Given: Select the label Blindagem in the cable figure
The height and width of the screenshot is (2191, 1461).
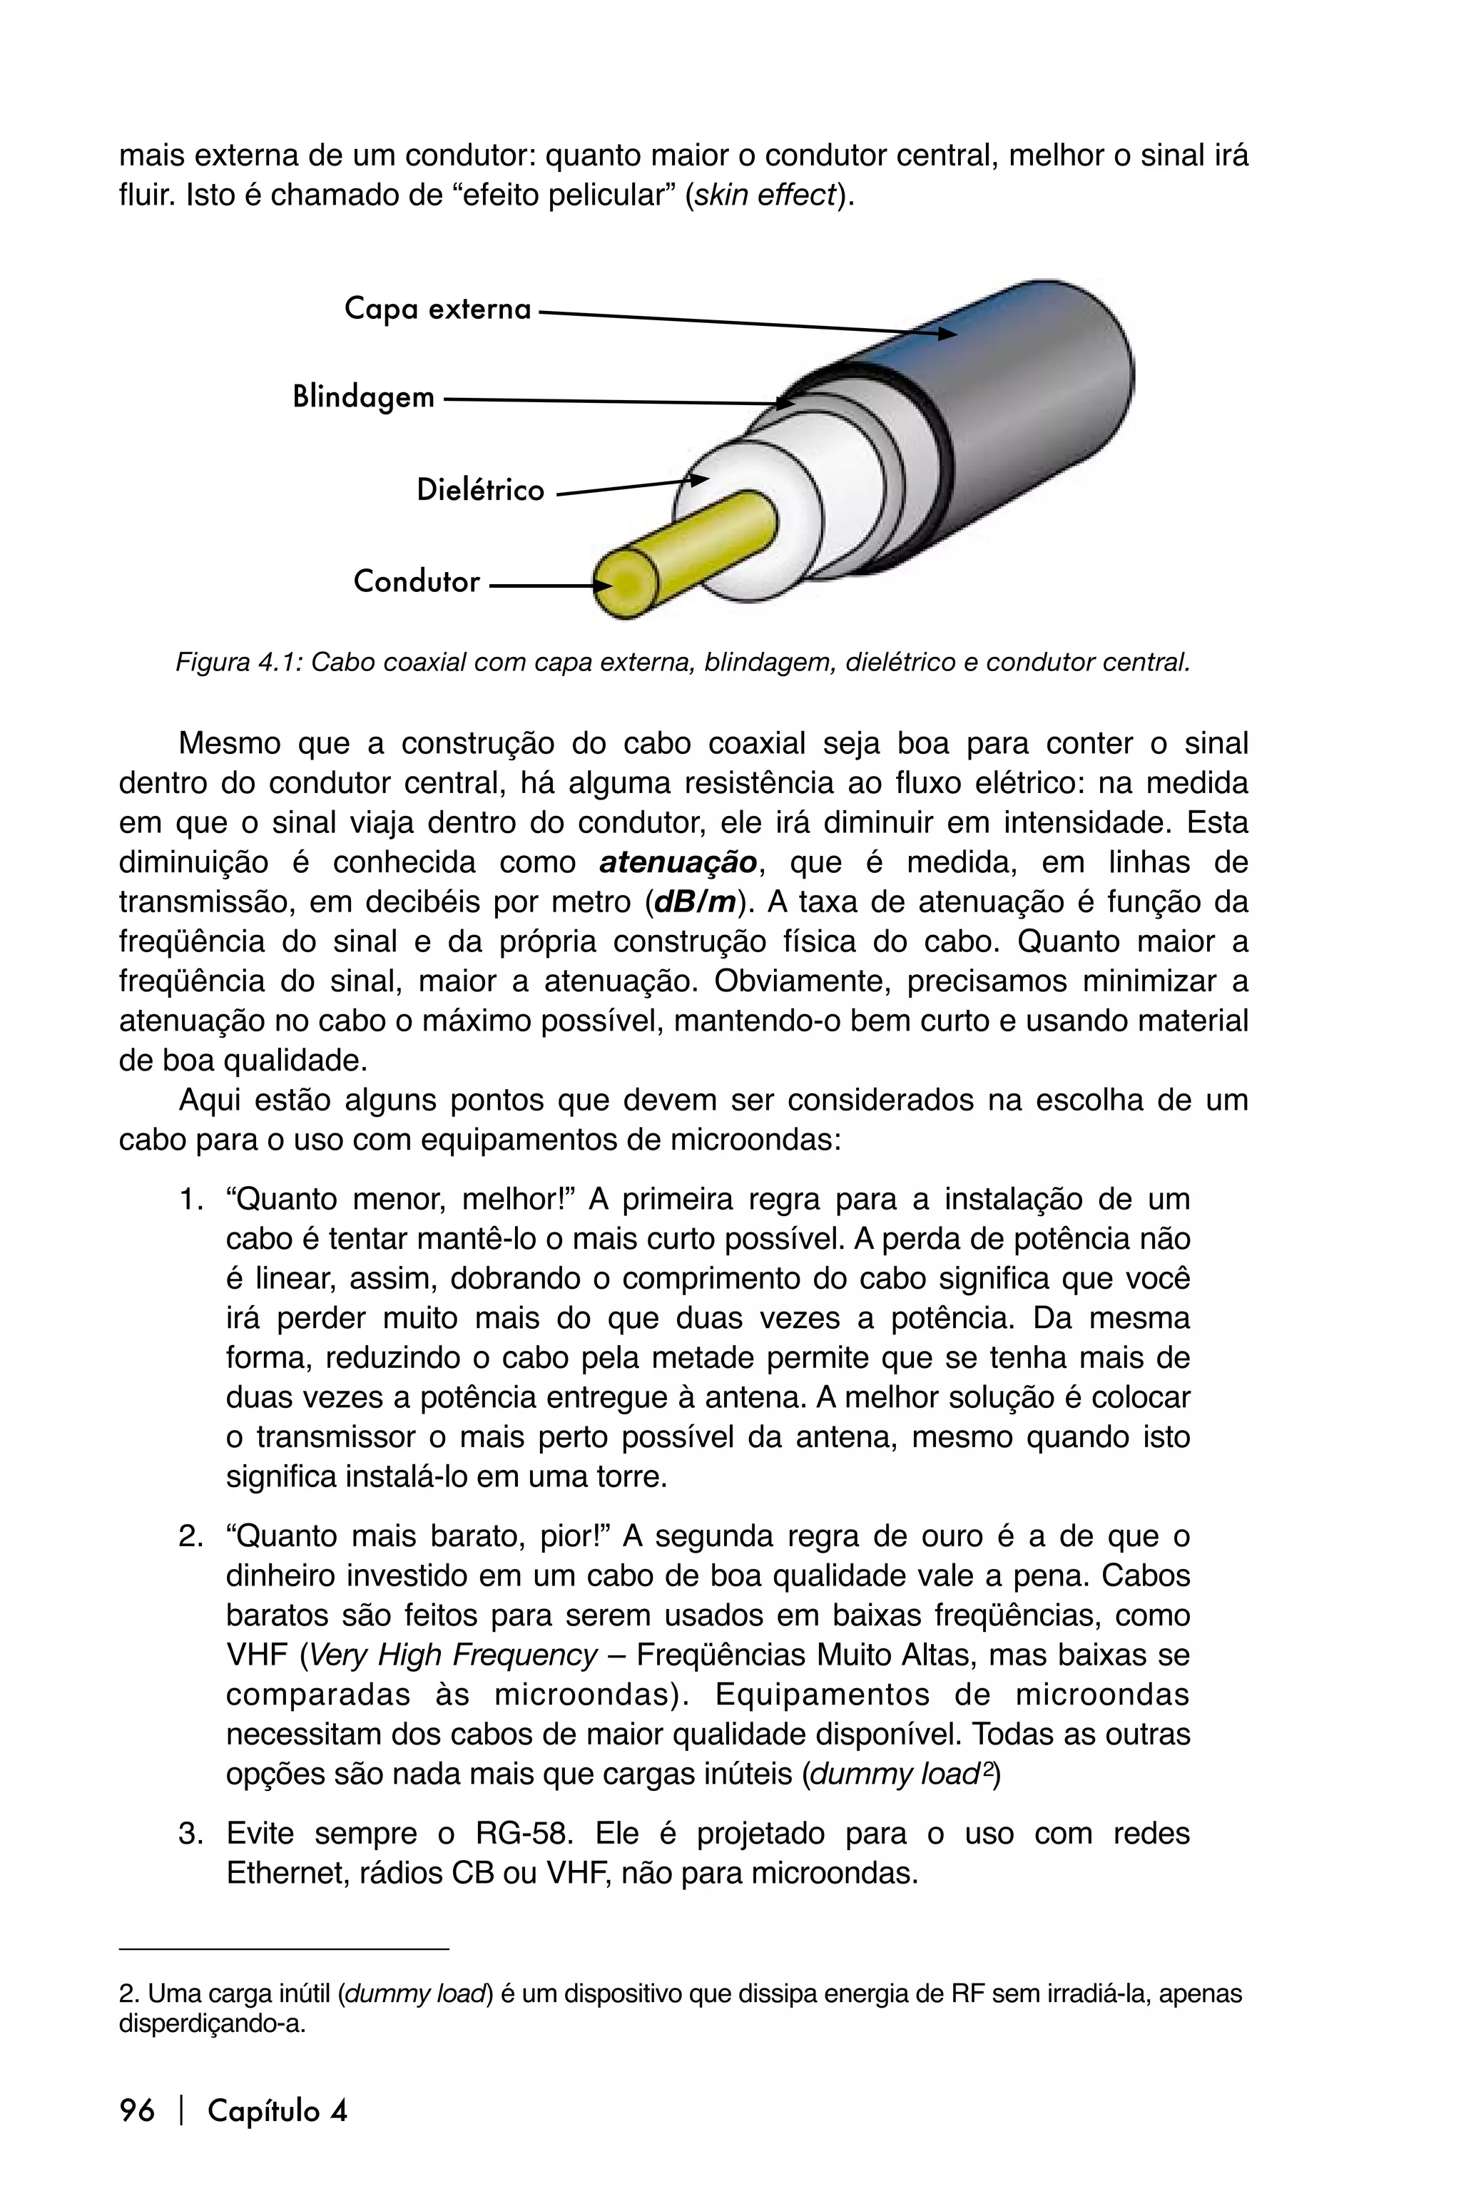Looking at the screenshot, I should [363, 398].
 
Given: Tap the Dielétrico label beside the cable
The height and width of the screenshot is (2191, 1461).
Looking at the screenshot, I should [480, 491].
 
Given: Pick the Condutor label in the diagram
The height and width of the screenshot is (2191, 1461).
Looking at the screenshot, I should [417, 582].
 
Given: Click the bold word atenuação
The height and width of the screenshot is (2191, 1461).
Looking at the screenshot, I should [678, 862].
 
